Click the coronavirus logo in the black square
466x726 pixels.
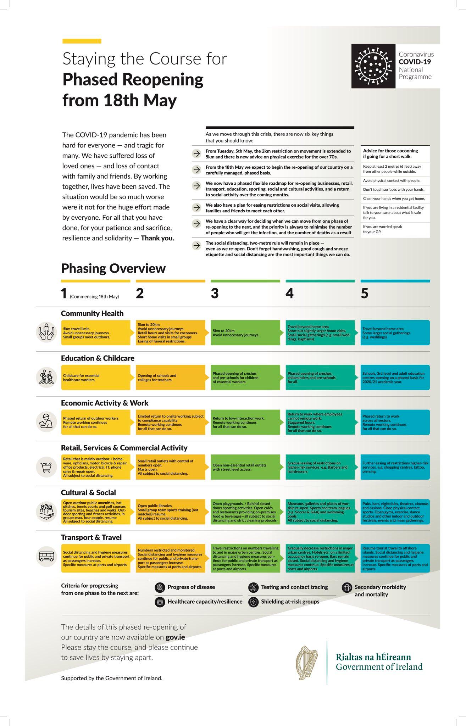coord(373,66)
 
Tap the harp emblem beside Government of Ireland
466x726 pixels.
coord(307,662)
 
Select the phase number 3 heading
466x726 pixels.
coord(215,294)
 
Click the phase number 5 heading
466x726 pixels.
coord(365,294)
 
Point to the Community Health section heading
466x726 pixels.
coord(92,313)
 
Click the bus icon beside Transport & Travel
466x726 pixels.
coord(46,555)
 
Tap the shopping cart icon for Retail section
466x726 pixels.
coord(46,467)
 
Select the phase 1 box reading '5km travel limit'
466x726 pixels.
coord(95,333)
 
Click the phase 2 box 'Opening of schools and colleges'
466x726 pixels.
coord(170,378)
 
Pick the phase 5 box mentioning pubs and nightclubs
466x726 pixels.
coord(395,512)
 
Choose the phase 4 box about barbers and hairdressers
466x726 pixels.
coord(320,467)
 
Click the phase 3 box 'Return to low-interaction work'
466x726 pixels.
coord(245,422)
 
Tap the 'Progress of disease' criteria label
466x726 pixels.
coord(191,587)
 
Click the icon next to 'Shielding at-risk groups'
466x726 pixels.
coord(253,602)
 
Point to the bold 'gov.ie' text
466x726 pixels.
coord(175,637)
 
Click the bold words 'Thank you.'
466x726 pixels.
coord(157,238)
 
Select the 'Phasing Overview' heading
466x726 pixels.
coord(113,268)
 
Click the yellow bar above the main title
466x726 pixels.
coord(82,41)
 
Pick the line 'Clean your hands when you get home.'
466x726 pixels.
coord(394,199)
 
